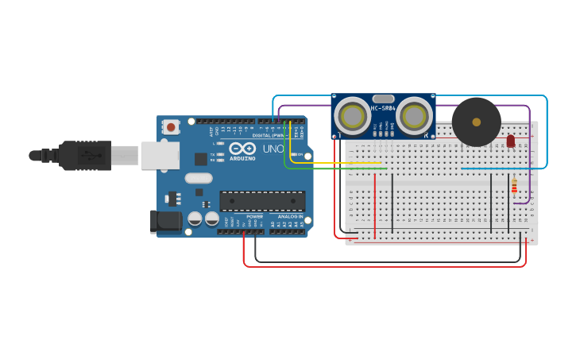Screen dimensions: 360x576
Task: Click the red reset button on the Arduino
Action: [171, 126]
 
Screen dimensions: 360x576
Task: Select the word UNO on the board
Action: [273, 149]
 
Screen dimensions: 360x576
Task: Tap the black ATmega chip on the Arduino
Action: [262, 201]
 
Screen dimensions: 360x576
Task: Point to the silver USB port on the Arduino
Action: [160, 155]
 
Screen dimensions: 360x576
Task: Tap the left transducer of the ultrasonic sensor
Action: [352, 116]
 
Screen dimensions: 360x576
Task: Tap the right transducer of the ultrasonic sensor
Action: [413, 116]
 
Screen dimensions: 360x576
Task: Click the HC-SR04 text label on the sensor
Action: [383, 108]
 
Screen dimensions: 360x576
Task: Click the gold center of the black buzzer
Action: [477, 122]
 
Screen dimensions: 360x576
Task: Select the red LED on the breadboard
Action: [511, 141]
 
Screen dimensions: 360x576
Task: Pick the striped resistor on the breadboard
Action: [514, 186]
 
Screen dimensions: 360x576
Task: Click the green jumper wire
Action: [334, 168]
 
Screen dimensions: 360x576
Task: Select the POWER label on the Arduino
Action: [254, 216]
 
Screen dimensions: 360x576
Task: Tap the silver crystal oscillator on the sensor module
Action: [382, 98]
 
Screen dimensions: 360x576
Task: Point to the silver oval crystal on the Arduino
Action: [199, 178]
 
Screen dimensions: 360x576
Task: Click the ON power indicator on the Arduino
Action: [300, 154]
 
